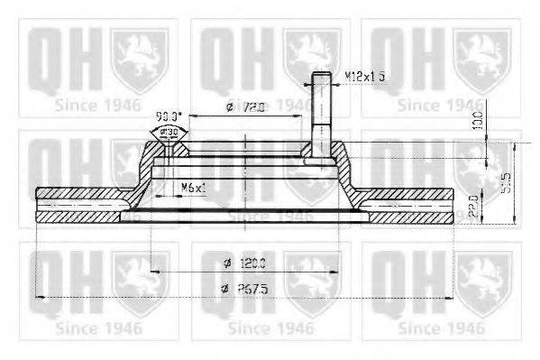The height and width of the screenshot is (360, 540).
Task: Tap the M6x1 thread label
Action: pos(193,187)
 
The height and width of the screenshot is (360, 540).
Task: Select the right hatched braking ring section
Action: pos(410,207)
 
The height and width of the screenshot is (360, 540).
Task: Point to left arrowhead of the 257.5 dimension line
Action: pos(38,296)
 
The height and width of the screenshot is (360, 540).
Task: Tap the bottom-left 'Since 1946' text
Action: pos(99,328)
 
